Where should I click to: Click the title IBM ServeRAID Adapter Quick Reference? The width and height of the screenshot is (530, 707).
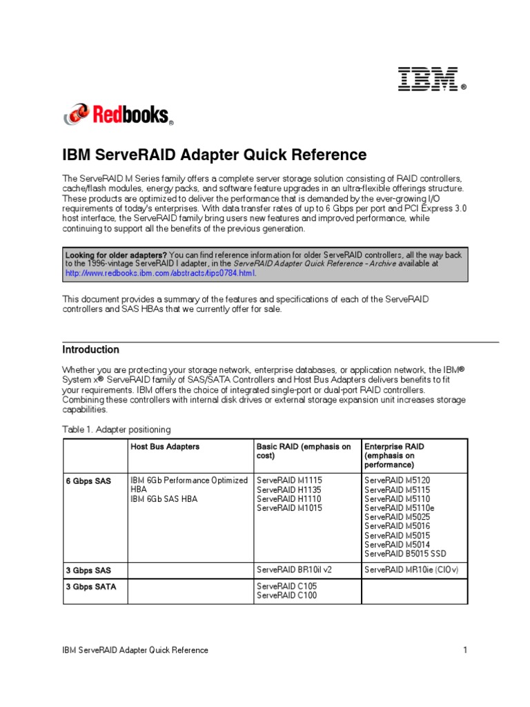click(x=214, y=155)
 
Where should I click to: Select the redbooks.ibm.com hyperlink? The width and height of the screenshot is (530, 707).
click(x=160, y=273)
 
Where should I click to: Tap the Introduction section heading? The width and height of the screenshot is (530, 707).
click(x=90, y=349)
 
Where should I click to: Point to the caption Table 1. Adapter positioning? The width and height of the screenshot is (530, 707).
click(x=116, y=429)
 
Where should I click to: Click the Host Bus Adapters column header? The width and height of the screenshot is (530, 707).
click(x=165, y=447)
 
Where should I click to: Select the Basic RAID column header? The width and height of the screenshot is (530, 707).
click(x=304, y=451)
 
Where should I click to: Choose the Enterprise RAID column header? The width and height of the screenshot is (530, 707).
click(x=394, y=456)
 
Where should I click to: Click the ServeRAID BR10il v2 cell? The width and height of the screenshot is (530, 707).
click(x=294, y=570)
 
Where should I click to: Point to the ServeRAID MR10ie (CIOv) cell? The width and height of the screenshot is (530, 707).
click(x=411, y=570)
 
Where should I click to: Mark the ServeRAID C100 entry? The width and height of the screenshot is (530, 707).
click(x=286, y=595)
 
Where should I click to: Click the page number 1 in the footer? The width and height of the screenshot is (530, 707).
click(x=466, y=650)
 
